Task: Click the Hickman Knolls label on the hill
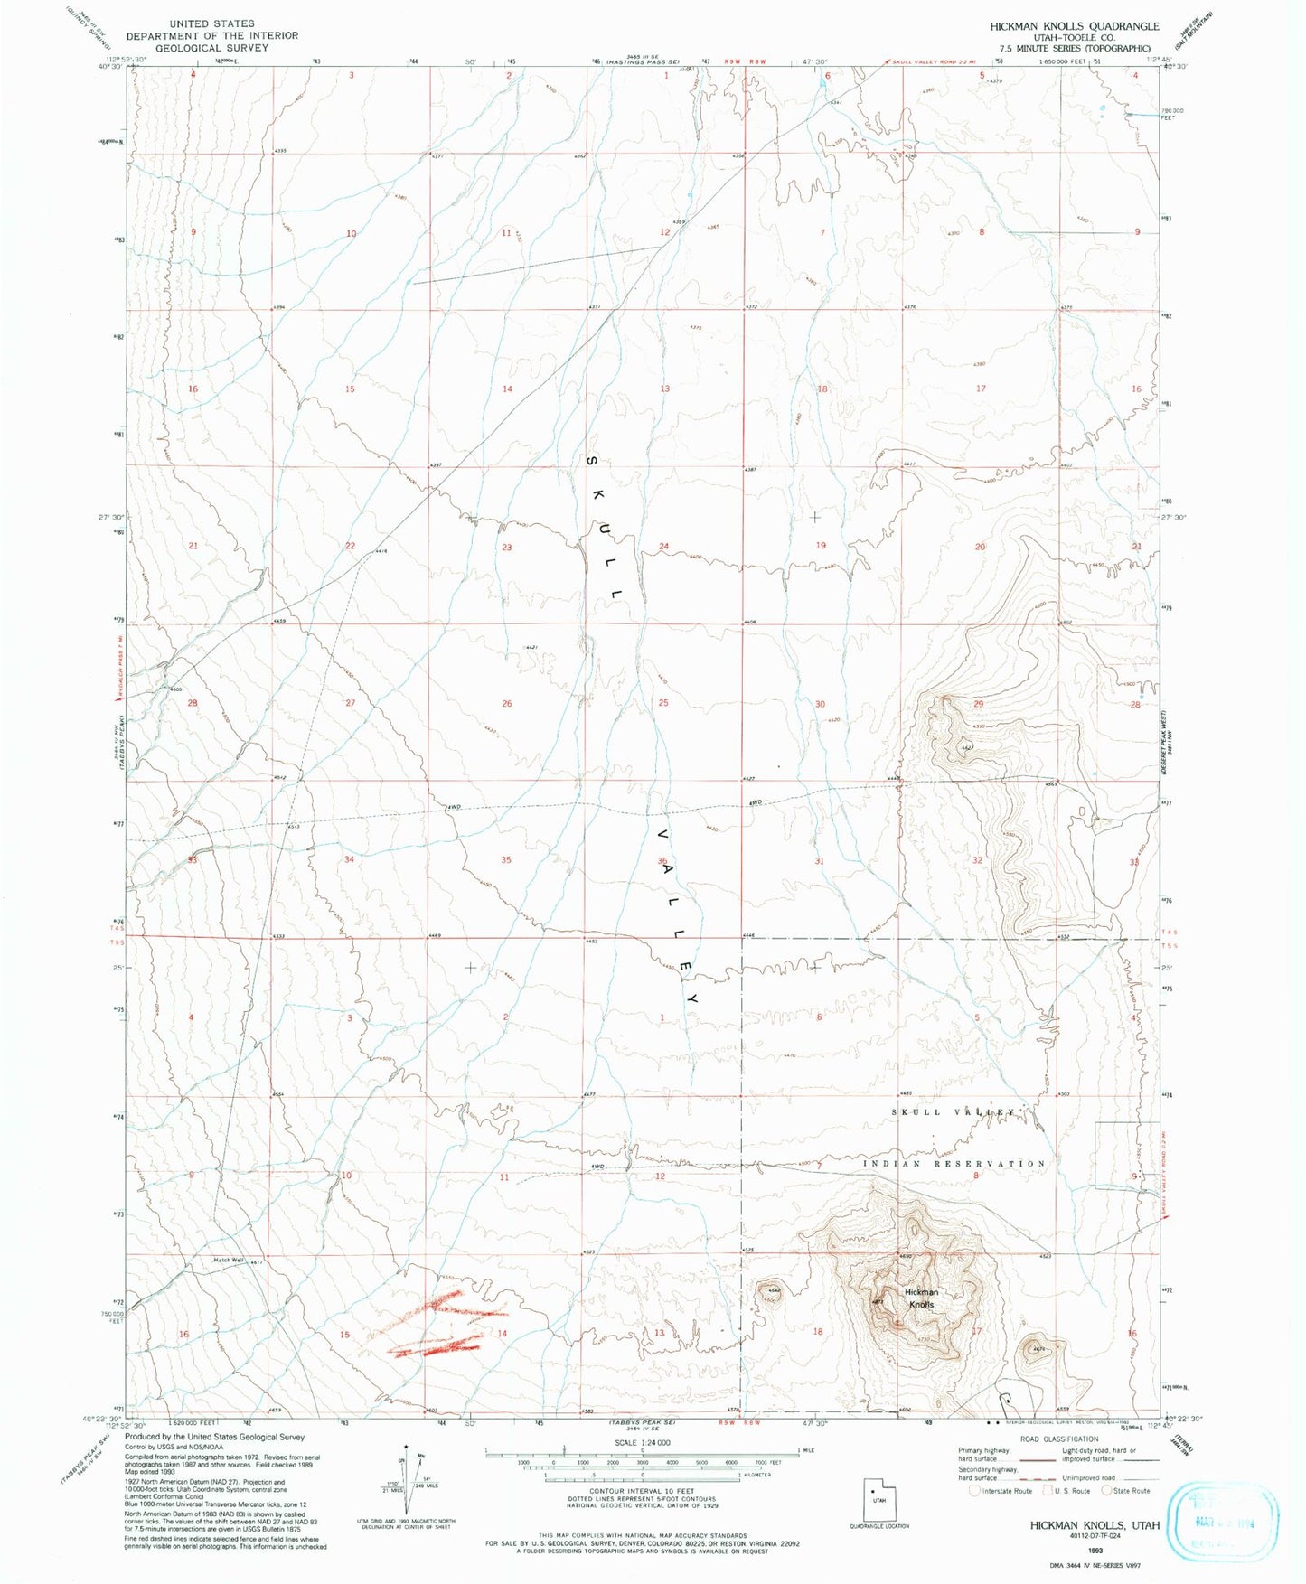(x=921, y=1298)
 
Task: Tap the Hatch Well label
(x=229, y=1261)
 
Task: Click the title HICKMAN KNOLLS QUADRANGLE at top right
(x=1074, y=26)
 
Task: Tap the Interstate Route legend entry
(x=1001, y=1491)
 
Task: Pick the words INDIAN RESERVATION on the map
(x=954, y=1164)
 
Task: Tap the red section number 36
(x=662, y=860)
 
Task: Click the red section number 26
(x=507, y=703)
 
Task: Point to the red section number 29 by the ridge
(x=978, y=703)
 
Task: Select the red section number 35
(x=506, y=859)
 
